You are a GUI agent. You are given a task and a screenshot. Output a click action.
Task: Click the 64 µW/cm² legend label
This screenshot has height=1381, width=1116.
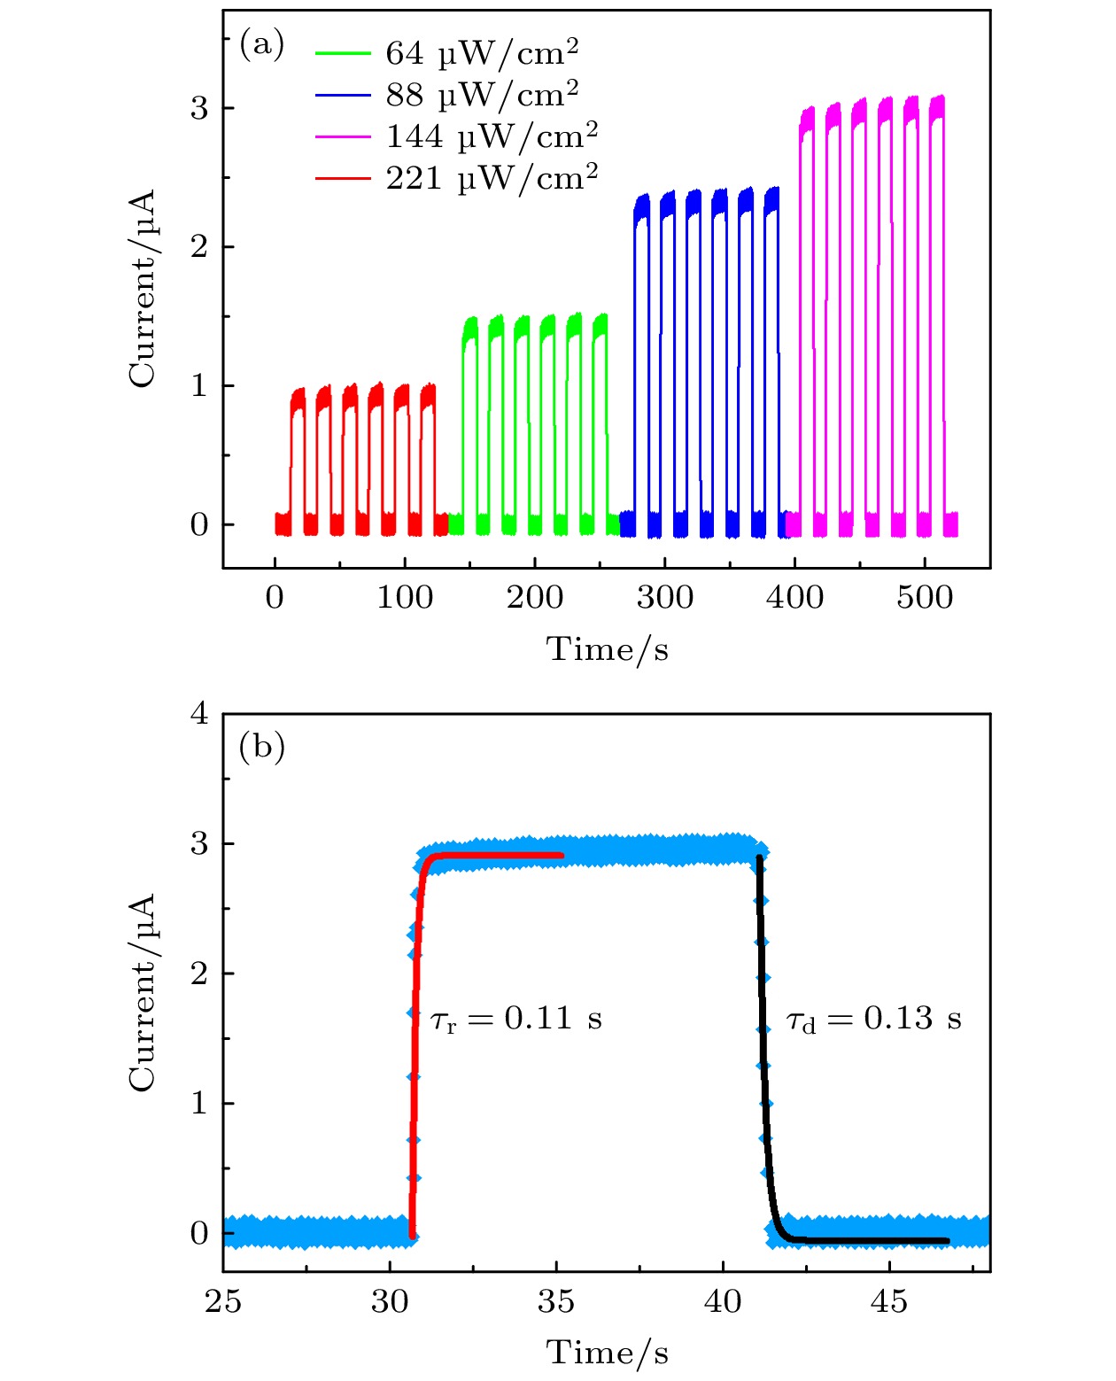tap(482, 53)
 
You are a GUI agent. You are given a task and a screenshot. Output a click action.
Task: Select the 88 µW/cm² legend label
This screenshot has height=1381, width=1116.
tap(482, 95)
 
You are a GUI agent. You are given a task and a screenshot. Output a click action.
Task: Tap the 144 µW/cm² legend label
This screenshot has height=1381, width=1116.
tap(492, 136)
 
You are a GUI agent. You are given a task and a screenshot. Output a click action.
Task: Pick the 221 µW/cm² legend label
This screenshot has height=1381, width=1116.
tap(492, 178)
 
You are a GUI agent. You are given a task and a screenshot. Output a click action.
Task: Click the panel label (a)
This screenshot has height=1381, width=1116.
tap(262, 43)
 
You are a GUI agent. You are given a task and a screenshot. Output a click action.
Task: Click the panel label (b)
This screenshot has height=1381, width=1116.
tap(262, 747)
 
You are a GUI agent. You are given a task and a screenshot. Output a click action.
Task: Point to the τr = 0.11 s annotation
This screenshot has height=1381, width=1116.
tap(516, 1020)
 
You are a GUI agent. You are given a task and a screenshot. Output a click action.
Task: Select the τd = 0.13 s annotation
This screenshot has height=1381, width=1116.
tap(873, 1020)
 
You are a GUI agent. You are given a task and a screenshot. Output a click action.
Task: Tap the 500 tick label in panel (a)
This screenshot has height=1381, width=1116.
tap(925, 598)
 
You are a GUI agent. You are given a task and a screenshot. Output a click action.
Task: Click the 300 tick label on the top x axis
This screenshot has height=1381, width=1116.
tap(665, 598)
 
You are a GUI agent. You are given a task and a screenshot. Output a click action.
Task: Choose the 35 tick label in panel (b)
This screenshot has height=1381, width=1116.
tap(556, 1301)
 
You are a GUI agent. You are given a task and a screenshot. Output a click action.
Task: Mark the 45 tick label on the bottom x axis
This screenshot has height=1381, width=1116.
tap(889, 1301)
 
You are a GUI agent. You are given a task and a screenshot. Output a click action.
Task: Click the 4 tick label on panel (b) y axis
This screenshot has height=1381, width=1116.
tap(199, 713)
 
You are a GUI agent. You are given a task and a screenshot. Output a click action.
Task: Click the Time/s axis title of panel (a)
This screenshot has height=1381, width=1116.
tap(607, 649)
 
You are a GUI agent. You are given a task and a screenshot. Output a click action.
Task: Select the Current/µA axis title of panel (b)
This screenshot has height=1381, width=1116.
tap(142, 992)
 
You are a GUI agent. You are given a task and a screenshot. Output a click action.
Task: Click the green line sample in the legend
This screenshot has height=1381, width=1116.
tap(342, 53)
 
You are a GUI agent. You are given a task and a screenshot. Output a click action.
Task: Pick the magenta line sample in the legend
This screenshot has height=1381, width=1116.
tap(342, 136)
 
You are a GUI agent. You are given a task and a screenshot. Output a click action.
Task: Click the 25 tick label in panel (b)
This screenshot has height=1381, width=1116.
tap(223, 1301)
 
